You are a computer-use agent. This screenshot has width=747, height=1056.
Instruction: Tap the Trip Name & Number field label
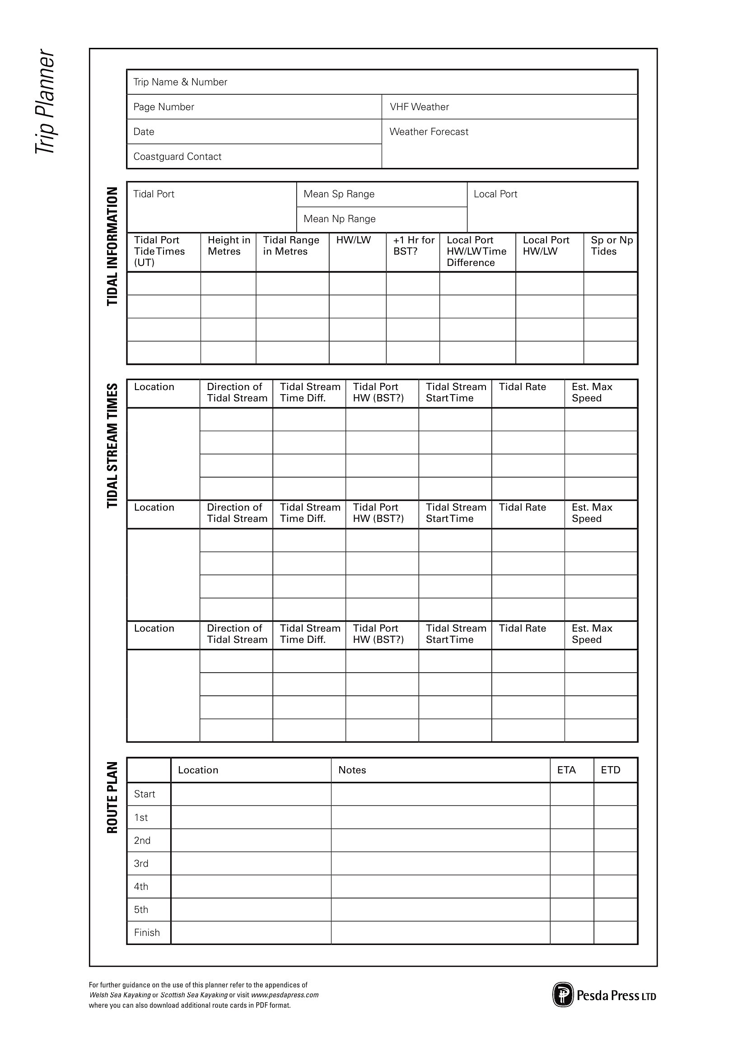[180, 82]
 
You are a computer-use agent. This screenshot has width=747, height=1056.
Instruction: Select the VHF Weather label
[419, 107]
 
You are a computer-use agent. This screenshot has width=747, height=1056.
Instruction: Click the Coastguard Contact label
[177, 156]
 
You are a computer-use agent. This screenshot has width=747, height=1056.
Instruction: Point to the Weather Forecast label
[429, 131]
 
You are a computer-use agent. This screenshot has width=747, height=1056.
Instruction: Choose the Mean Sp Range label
[339, 194]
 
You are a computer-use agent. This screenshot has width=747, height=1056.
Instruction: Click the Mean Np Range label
[340, 219]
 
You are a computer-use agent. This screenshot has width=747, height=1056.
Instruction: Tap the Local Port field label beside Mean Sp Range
[495, 194]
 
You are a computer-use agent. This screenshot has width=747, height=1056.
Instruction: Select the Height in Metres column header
[229, 246]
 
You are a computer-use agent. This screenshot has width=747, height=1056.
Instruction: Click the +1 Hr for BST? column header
[414, 246]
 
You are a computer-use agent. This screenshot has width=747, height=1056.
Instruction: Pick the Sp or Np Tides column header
[612, 246]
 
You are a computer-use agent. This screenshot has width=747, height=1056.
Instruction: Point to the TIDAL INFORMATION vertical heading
[112, 246]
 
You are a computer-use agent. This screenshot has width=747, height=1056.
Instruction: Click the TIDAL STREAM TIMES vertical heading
[112, 445]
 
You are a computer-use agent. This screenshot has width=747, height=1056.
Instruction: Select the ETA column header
[566, 770]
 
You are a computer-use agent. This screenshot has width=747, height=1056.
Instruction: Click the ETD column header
[611, 770]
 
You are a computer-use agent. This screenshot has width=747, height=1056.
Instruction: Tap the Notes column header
[352, 770]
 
